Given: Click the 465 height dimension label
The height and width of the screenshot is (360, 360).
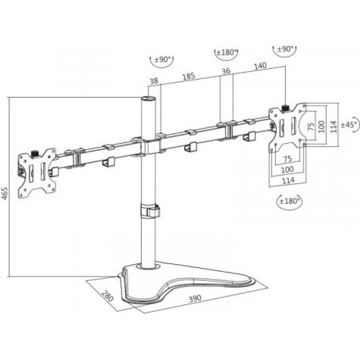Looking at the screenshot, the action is point(5,193).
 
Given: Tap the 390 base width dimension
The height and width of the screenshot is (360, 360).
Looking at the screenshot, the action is point(195,298).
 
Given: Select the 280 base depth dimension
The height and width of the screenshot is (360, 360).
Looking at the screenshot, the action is point(108,296).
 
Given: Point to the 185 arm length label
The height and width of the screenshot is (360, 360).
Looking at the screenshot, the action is point(189,76).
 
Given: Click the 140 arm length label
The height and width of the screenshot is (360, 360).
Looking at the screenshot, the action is point(261,66).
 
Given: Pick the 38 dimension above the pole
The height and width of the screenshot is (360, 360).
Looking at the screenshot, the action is point(154,81).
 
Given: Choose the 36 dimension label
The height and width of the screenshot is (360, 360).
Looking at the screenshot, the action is point(226,71).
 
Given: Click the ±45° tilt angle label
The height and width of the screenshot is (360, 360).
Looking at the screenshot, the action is point(349,125).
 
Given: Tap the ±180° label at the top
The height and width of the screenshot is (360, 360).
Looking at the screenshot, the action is point(226,53).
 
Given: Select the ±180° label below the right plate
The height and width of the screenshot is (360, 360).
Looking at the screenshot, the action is point(290,201).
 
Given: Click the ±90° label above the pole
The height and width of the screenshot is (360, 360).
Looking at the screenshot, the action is point(162,60).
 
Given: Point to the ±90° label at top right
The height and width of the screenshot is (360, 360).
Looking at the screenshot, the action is point(285,49).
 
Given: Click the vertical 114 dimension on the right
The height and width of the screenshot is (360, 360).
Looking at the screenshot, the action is point(333,126).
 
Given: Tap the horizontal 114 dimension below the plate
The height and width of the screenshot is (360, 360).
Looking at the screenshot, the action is point(288,180).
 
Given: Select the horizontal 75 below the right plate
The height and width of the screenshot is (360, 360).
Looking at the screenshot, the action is point(288,159).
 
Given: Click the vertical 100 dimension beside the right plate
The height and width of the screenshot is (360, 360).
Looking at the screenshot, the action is point(322,126).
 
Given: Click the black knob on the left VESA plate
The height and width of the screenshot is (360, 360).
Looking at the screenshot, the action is point(35,153).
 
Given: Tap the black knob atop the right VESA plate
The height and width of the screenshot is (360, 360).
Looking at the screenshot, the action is point(285,108).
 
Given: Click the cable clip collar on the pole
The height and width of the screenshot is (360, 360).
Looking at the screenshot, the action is point(150,210).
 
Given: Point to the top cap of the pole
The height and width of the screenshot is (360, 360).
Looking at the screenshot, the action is point(148,99).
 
